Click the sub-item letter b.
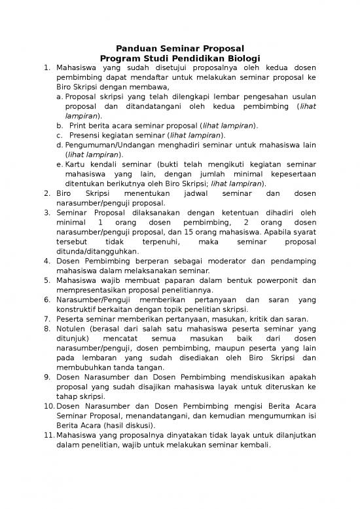[x=60, y=124]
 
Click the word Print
[x=79, y=124]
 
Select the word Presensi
[x=86, y=135]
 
